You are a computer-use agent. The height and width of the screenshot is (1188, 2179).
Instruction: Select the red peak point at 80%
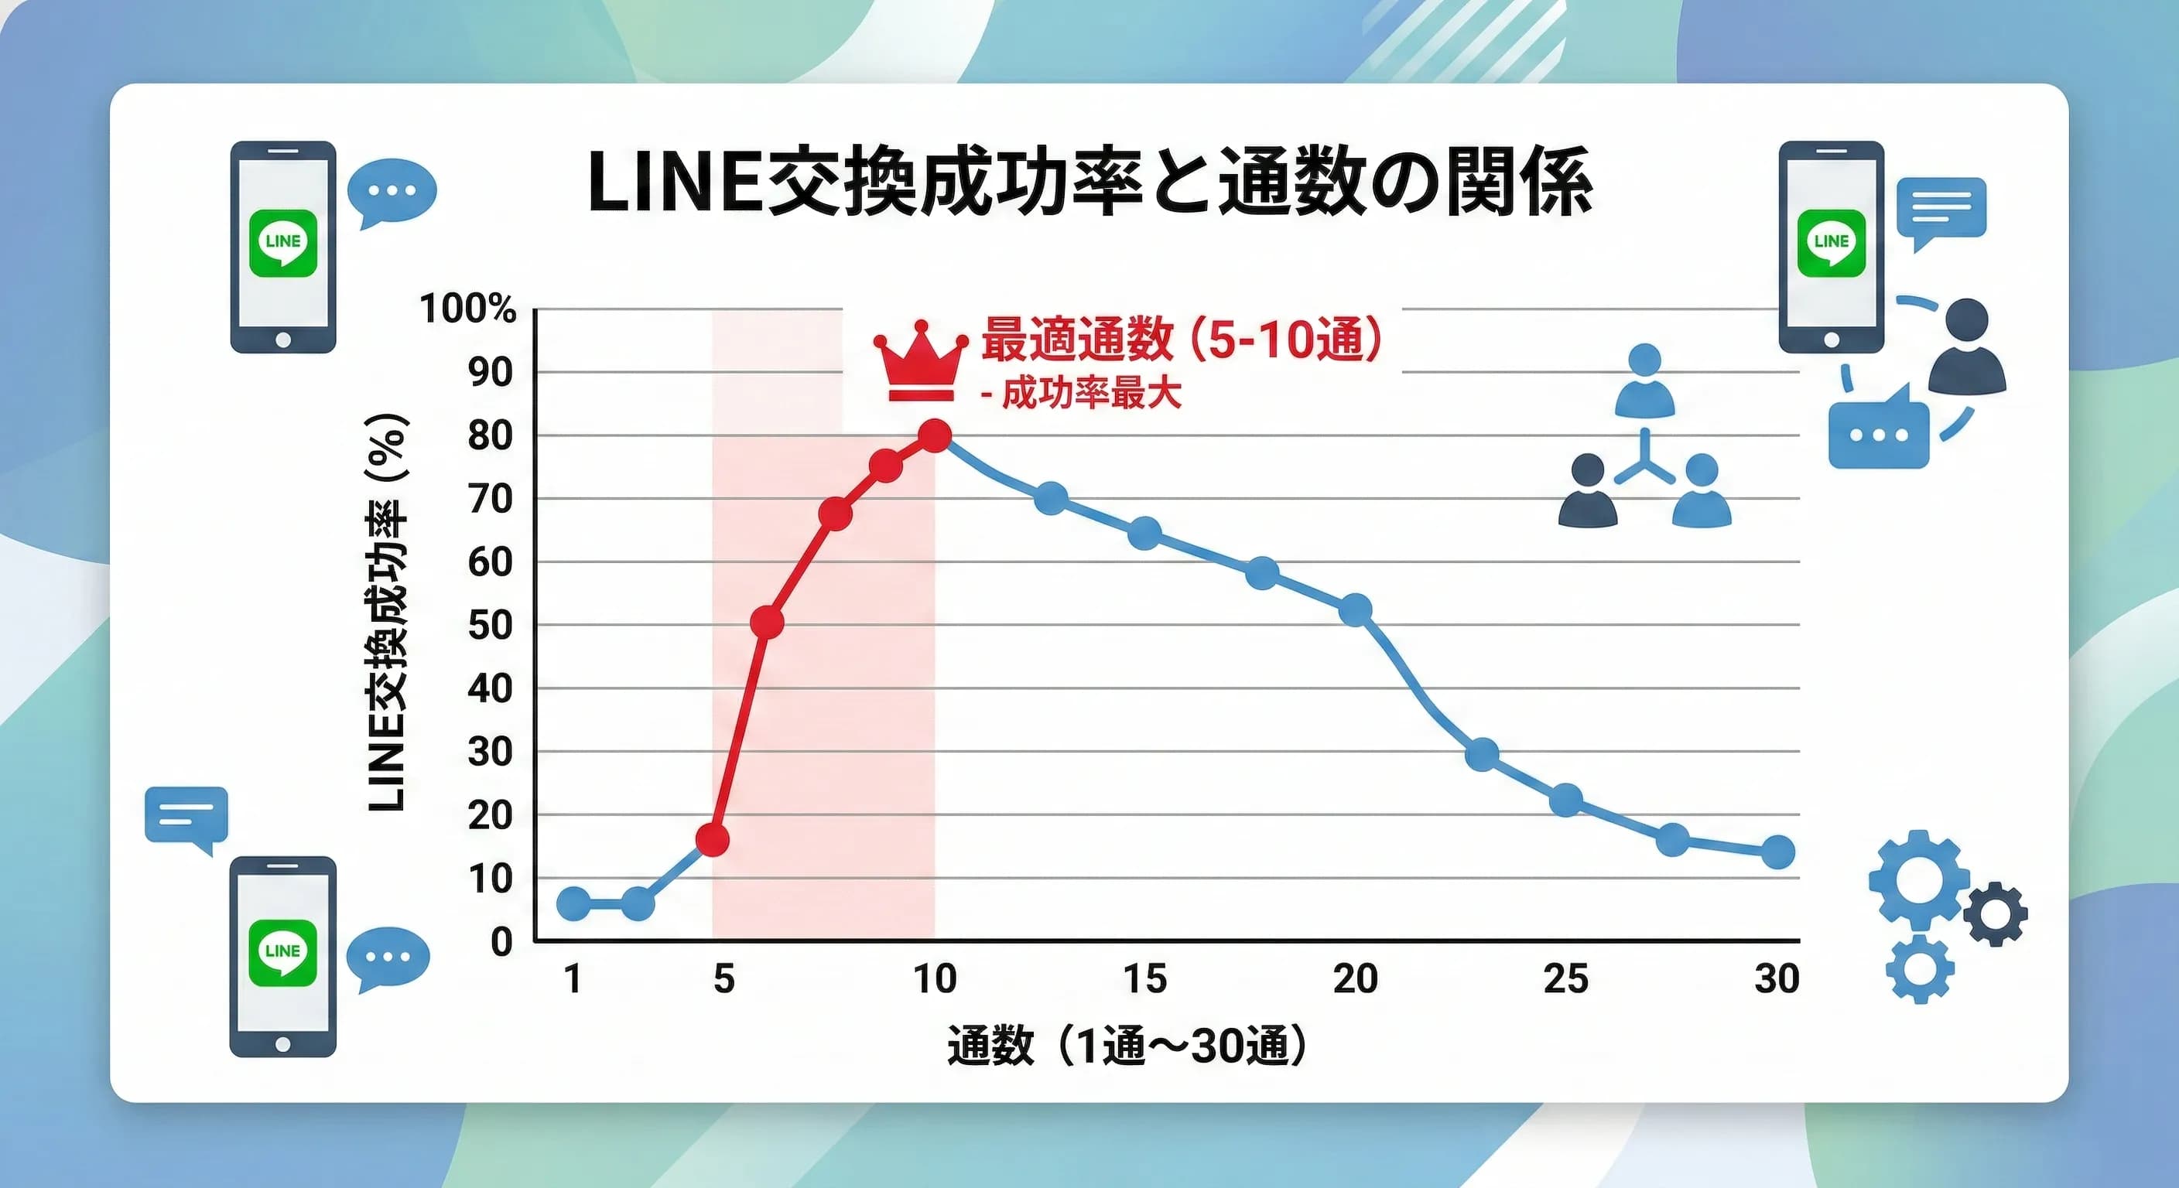(935, 436)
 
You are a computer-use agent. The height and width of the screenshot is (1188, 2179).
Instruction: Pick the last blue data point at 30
(1777, 852)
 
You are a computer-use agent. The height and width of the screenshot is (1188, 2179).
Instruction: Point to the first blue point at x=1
(573, 904)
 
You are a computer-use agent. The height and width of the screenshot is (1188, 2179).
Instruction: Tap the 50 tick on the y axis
(491, 626)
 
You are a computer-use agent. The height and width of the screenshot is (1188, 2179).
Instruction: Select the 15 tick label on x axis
(1144, 979)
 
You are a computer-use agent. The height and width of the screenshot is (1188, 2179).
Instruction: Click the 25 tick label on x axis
(1565, 979)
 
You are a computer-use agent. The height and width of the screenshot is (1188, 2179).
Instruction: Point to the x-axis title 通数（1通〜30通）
(1126, 1046)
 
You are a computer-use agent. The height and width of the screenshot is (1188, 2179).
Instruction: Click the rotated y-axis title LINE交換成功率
(388, 614)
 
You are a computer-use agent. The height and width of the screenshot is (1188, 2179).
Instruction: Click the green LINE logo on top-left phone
(282, 244)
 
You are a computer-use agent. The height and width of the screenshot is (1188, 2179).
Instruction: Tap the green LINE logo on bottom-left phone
(282, 953)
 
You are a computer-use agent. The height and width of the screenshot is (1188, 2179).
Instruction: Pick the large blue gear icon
(1917, 879)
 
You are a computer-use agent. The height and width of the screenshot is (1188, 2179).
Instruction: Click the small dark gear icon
(1996, 914)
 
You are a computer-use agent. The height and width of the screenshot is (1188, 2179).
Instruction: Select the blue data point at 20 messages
(1356, 609)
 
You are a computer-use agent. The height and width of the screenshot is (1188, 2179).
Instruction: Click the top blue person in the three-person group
(1644, 382)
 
